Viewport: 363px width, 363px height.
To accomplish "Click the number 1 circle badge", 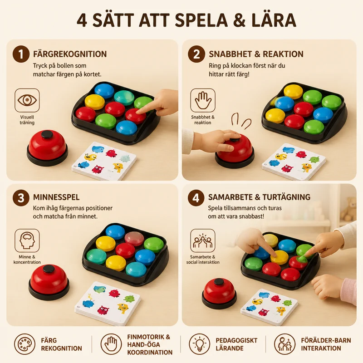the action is coord(21,54).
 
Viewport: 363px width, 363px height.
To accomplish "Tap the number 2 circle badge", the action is coord(196,54).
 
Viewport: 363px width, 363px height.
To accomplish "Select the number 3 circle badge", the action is coord(21,198).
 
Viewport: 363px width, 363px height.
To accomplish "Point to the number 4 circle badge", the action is coord(196,198).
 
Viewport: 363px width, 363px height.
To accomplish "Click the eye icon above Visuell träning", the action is coord(27,100).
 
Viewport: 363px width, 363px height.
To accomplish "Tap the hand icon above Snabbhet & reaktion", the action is coord(203,100).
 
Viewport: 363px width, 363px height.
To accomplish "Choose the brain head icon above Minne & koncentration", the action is coord(27,240).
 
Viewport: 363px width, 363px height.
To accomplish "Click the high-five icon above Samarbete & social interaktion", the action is coord(203,240).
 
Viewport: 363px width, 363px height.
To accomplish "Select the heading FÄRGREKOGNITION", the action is coord(70,54).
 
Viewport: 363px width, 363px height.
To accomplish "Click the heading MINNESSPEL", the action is coord(56,197).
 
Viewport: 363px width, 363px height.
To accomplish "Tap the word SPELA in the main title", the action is coord(201,20).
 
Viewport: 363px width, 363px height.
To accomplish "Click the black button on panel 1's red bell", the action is coord(47,134).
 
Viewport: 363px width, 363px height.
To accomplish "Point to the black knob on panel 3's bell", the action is coord(49,268).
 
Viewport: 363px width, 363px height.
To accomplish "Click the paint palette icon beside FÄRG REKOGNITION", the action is coord(25,344).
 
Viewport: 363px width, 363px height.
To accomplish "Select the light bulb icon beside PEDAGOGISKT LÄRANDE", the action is coord(199,344).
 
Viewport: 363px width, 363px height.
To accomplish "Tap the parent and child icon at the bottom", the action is coord(285,344).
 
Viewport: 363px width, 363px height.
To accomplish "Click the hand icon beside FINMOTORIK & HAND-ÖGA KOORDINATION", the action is coord(111,344).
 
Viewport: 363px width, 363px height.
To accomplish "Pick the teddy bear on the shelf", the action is coord(349,209).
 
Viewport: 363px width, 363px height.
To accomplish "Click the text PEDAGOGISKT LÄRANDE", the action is coord(236,344).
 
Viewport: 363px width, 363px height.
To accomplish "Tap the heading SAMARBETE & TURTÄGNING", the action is coord(259,197).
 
